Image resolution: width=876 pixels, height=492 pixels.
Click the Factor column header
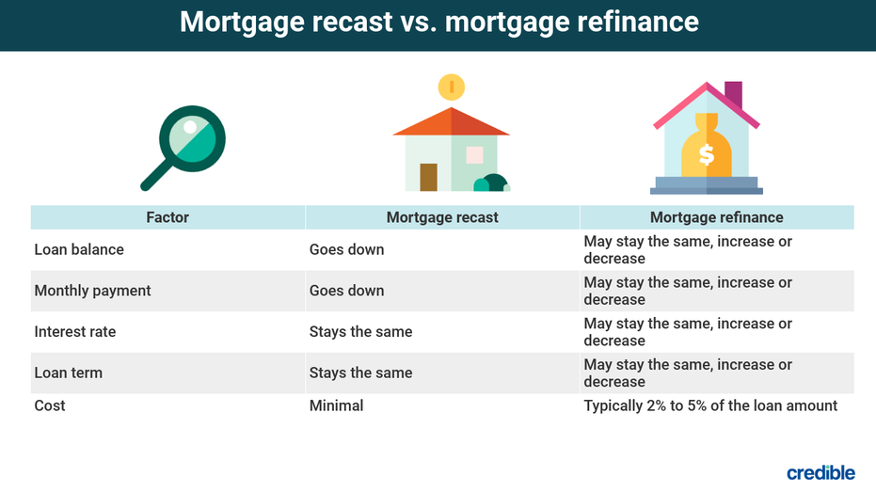click(x=167, y=217)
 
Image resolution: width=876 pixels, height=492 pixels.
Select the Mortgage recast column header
click(x=442, y=217)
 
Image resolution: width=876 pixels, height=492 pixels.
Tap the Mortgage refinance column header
click(x=717, y=217)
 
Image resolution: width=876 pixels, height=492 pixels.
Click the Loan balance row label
click(x=79, y=249)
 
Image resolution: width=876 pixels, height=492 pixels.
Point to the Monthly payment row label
click(x=92, y=291)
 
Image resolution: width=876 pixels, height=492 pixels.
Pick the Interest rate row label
click(x=75, y=332)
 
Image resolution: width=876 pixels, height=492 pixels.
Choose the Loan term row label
click(x=68, y=373)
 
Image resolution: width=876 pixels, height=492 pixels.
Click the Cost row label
click(x=50, y=405)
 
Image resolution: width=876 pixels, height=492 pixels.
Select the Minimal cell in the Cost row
click(x=336, y=405)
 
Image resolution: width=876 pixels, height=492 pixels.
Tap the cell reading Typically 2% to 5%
click(x=710, y=405)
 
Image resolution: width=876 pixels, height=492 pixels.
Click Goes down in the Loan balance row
click(x=346, y=249)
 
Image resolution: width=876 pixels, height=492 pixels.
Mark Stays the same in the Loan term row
click(x=361, y=373)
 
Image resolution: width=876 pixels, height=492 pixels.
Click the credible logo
click(x=820, y=472)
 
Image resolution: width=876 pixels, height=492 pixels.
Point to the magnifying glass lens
click(x=192, y=139)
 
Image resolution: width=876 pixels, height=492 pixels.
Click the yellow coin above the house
click(x=452, y=87)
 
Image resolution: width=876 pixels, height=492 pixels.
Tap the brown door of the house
click(x=428, y=177)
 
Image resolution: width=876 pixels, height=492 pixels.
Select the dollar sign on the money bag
click(x=707, y=154)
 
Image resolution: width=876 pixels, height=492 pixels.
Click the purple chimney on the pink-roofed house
click(x=734, y=94)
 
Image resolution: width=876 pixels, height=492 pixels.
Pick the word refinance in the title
click(x=637, y=23)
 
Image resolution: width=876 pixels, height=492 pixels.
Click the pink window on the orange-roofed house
click(x=475, y=154)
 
